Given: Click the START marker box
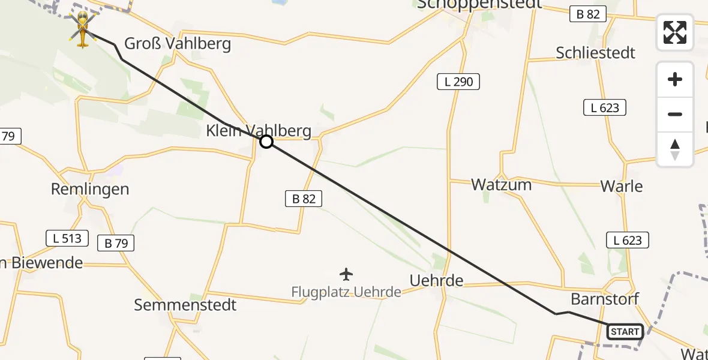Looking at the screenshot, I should [625, 332].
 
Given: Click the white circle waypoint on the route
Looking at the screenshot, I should [266, 142].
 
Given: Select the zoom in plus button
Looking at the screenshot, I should [675, 80].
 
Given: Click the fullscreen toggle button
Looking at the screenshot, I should [675, 32].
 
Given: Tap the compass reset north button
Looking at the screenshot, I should [675, 149].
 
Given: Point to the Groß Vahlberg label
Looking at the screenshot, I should [177, 44].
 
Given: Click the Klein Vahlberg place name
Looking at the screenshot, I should [259, 131].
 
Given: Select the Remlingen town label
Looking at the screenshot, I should [90, 190].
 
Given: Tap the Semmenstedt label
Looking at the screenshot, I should [185, 305].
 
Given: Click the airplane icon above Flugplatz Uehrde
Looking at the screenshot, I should [346, 275].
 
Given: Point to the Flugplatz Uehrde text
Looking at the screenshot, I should [346, 292].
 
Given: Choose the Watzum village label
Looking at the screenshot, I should [501, 185].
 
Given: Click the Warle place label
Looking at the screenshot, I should [622, 186].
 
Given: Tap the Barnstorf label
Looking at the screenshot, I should [605, 299].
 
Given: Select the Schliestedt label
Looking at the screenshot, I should [595, 53].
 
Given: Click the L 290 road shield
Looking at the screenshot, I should [458, 82].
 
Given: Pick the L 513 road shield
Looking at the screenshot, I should [67, 238].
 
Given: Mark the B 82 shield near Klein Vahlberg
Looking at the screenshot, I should [304, 199].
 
